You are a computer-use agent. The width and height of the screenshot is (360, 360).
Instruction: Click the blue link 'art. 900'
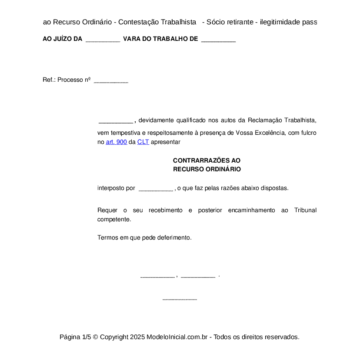pyautogui.click(x=116, y=142)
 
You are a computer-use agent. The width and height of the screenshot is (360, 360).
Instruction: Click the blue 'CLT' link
pyautogui.click(x=143, y=142)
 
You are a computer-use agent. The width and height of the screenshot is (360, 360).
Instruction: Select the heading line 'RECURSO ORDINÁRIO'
pyautogui.click(x=207, y=169)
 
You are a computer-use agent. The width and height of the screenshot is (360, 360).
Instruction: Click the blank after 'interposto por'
pyautogui.click(x=155, y=189)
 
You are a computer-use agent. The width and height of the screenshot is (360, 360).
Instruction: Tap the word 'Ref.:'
pyautogui.click(x=49, y=80)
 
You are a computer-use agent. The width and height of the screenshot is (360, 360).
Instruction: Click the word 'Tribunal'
pyautogui.click(x=305, y=210)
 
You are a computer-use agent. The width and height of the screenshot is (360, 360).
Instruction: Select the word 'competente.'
pyautogui.click(x=114, y=220)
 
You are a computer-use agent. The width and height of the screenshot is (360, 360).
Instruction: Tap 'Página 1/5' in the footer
pyautogui.click(x=75, y=337)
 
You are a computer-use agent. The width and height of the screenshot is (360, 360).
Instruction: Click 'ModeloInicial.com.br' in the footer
pyautogui.click(x=178, y=337)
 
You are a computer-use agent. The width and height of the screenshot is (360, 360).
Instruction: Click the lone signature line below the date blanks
pyautogui.click(x=180, y=299)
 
